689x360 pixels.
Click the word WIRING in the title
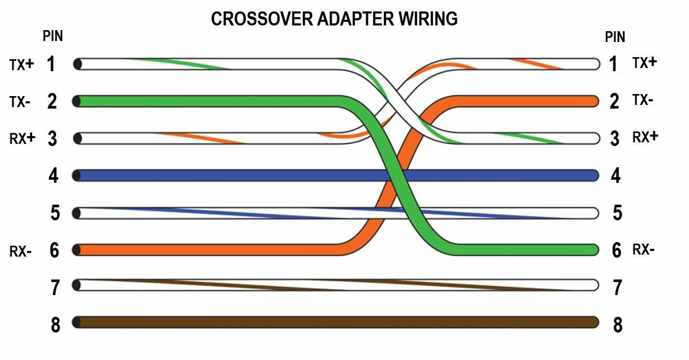428,19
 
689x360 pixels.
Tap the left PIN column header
52,36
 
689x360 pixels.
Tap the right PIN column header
615,37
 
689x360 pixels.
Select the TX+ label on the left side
21,64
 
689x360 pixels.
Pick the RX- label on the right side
643,250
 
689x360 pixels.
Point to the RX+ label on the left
22,139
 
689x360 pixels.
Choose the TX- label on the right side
643,100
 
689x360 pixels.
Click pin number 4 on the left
54,176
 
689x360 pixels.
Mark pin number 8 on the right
617,325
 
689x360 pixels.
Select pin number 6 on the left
55,250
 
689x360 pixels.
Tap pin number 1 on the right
614,64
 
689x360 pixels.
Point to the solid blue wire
234,175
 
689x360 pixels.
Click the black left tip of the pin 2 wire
77,101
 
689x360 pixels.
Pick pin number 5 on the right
617,213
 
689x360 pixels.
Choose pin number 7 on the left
55,287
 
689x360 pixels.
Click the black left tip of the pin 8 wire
77,322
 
